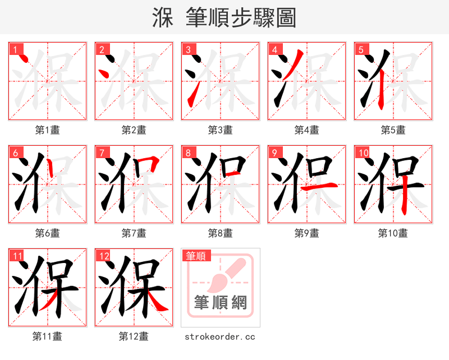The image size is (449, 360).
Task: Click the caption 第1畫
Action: coord(48,130)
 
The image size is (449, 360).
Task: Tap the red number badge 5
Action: coord(360,49)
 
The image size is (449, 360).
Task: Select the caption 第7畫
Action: coord(134,233)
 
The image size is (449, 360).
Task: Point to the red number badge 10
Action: coord(363,153)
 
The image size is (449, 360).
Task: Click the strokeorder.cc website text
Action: coord(220,336)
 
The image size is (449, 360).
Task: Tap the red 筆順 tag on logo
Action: coord(195,256)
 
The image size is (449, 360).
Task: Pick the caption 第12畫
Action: coord(134,336)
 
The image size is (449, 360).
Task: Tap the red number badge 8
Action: coord(187,153)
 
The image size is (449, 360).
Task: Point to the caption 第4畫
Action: coord(307,130)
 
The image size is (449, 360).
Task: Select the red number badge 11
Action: coord(18,256)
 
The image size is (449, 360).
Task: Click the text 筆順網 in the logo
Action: coord(220,303)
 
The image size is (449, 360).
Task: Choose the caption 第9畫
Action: coord(307,233)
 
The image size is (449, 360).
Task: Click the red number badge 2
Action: coord(101,49)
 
